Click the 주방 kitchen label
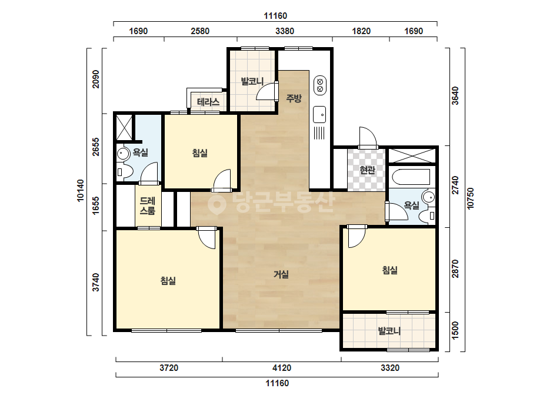(294, 98)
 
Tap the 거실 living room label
(281, 274)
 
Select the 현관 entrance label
(367, 170)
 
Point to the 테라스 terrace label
(208, 102)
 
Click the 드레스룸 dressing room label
(148, 206)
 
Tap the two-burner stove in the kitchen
(320, 85)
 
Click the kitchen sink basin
(319, 114)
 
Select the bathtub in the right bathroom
(411, 177)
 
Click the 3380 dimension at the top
(285, 31)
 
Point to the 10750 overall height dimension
(470, 198)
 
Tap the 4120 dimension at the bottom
(282, 368)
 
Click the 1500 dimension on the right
(455, 331)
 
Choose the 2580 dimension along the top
(200, 31)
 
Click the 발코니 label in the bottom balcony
(389, 331)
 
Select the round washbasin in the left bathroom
(122, 153)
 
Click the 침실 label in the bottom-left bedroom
(168, 280)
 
